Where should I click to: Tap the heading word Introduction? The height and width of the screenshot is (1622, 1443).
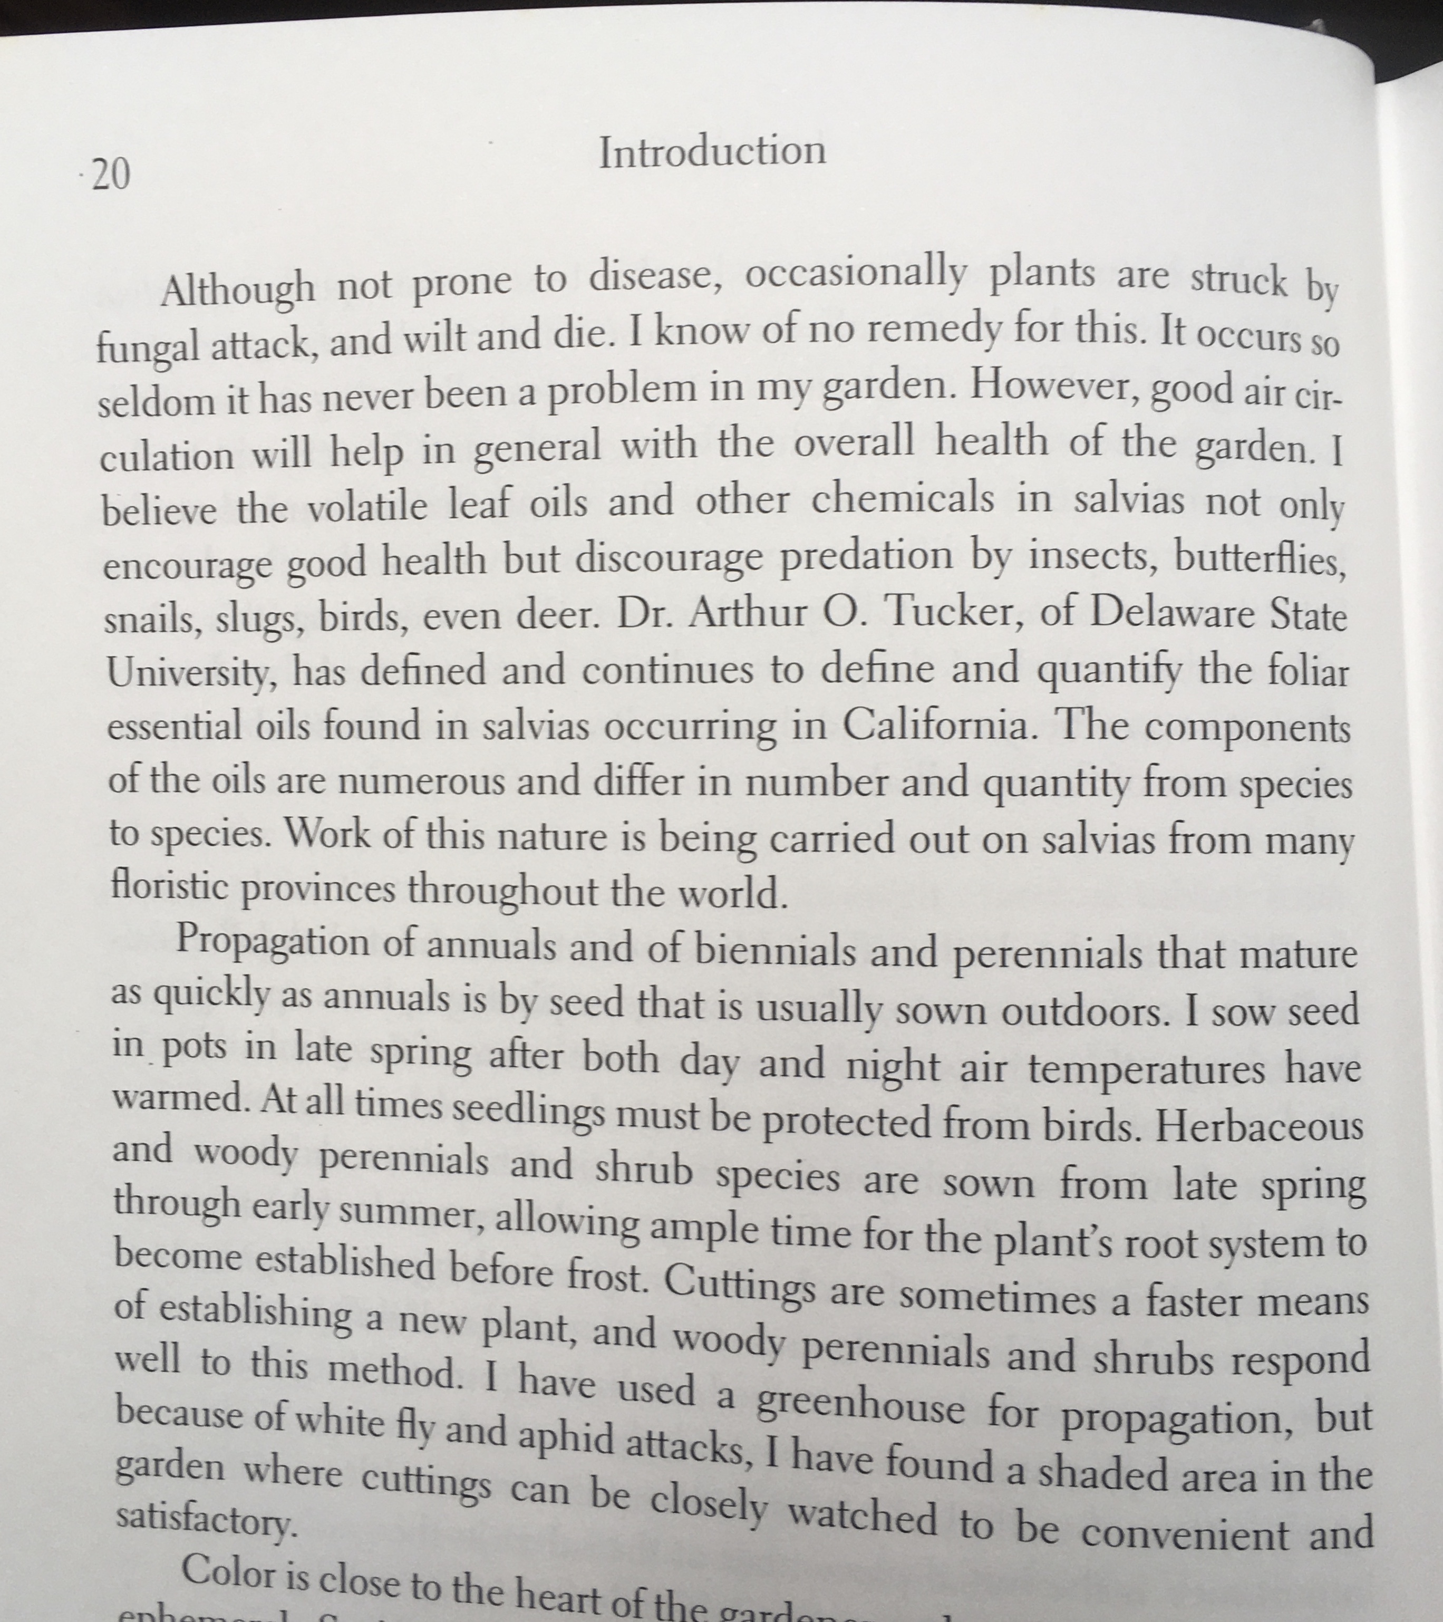point(712,151)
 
